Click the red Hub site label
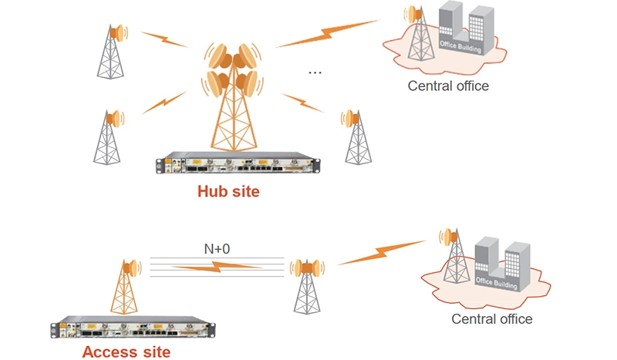click(228, 192)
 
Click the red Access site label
click(126, 352)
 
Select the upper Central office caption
click(448, 86)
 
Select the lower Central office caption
click(491, 319)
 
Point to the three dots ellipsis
click(315, 72)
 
